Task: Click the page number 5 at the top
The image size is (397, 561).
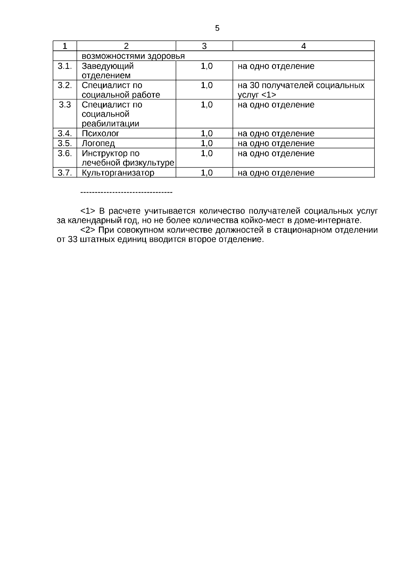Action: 217,28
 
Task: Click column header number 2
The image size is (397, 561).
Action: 126,46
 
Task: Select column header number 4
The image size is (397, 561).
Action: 303,46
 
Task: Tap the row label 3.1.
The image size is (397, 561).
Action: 65,66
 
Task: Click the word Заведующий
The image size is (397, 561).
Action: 108,66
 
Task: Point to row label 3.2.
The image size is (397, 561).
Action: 65,85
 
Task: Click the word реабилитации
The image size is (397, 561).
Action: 110,124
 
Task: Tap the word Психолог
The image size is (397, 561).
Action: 100,134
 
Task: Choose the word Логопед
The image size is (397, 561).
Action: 98,143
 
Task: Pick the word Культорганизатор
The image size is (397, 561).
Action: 118,173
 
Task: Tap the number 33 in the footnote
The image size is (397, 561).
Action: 72,240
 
